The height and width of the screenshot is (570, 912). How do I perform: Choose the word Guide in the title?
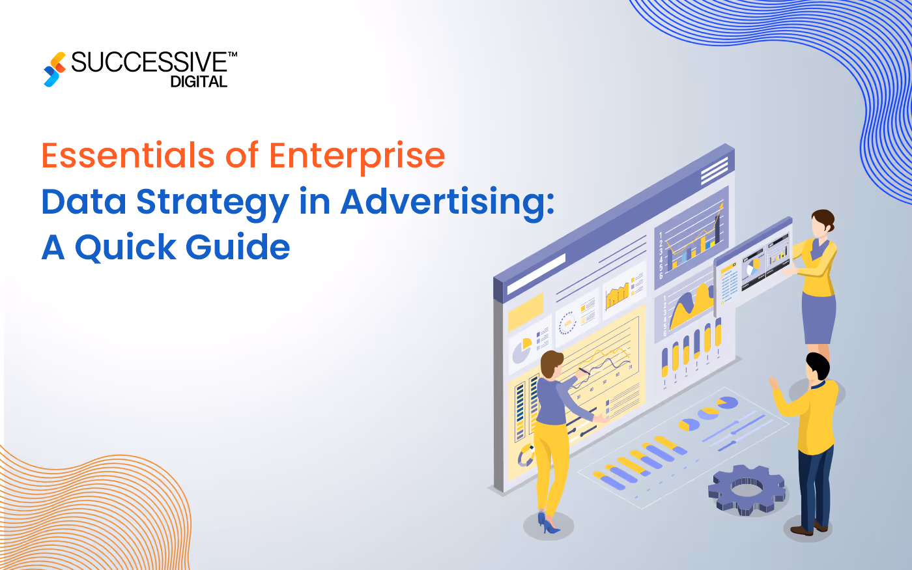pyautogui.click(x=238, y=248)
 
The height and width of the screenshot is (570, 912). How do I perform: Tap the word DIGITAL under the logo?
pyautogui.click(x=199, y=82)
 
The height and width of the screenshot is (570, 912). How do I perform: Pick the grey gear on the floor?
pyautogui.click(x=747, y=489)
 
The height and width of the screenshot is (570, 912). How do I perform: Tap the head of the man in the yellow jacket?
pyautogui.click(x=817, y=367)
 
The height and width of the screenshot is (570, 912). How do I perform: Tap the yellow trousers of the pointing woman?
pyautogui.click(x=551, y=463)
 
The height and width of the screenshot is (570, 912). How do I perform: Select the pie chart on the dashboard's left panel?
pyautogui.click(x=521, y=350)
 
